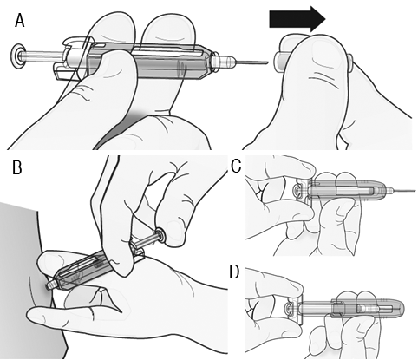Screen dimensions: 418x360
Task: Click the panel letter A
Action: click(20, 21)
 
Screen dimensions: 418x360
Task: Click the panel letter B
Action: click(17, 167)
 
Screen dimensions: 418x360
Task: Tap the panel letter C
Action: click(236, 167)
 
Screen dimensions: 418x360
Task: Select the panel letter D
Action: click(234, 272)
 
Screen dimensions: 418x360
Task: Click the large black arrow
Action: click(297, 19)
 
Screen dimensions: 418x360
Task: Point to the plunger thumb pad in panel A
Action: click(17, 56)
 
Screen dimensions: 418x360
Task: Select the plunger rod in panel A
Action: click(42, 56)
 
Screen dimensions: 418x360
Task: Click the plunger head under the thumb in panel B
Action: click(160, 234)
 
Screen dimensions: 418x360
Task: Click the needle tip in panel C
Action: click(415, 191)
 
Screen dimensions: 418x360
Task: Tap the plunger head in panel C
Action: click(297, 191)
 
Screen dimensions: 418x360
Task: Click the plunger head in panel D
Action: click(289, 308)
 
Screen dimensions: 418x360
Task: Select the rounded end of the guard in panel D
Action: click(401, 308)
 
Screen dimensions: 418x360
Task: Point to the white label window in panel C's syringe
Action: click(354, 191)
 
